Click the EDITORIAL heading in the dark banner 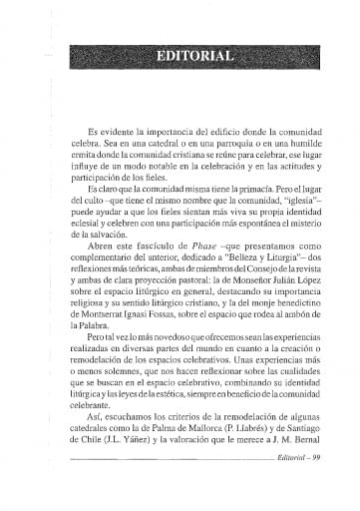click(194, 54)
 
